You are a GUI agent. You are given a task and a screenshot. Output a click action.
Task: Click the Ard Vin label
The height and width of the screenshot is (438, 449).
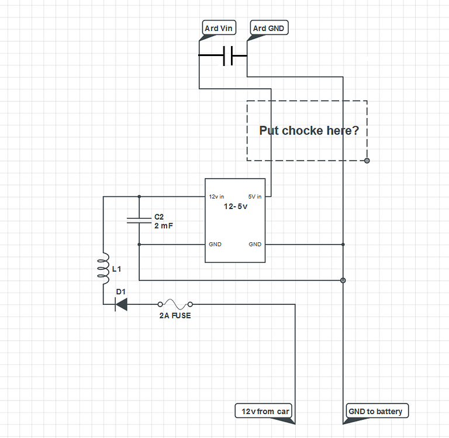pos(219,28)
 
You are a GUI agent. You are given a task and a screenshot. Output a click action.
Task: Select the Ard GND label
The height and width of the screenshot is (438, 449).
pos(269,28)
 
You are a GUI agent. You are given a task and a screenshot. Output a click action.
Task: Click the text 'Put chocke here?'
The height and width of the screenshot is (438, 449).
pos(309,130)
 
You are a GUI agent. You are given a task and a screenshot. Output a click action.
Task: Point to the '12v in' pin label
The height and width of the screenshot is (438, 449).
pos(216,197)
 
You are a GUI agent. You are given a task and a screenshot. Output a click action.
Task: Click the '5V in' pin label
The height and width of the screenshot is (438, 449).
pos(255,197)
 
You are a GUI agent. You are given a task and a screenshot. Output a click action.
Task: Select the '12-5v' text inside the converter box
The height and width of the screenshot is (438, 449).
pos(236,207)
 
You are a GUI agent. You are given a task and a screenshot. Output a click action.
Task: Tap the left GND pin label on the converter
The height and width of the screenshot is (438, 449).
pos(215,244)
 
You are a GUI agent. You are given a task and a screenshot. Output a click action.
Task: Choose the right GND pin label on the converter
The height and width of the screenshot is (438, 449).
pos(255,244)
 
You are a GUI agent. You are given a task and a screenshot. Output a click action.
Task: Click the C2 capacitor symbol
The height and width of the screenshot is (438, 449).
pos(139,220)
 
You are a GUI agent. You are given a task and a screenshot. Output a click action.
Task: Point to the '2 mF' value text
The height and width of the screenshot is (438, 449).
pos(164,225)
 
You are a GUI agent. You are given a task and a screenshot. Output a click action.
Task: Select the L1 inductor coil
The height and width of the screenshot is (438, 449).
pos(103,267)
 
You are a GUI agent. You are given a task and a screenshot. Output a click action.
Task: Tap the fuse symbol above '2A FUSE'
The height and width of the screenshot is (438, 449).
pos(174,304)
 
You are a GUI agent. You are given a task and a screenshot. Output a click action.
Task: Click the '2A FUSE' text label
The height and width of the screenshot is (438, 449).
pos(175,315)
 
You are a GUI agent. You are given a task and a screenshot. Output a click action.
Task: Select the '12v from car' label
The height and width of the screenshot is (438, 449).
pos(265,411)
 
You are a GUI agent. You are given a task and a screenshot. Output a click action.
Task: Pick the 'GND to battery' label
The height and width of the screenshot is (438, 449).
pos(375,411)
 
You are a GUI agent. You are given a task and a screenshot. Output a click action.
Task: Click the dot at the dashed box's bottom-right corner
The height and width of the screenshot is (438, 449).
pos(367,160)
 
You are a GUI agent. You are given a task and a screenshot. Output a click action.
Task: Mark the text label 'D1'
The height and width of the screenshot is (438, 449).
pos(121,291)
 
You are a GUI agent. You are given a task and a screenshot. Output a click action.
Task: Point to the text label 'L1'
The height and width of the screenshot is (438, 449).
pos(116,269)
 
